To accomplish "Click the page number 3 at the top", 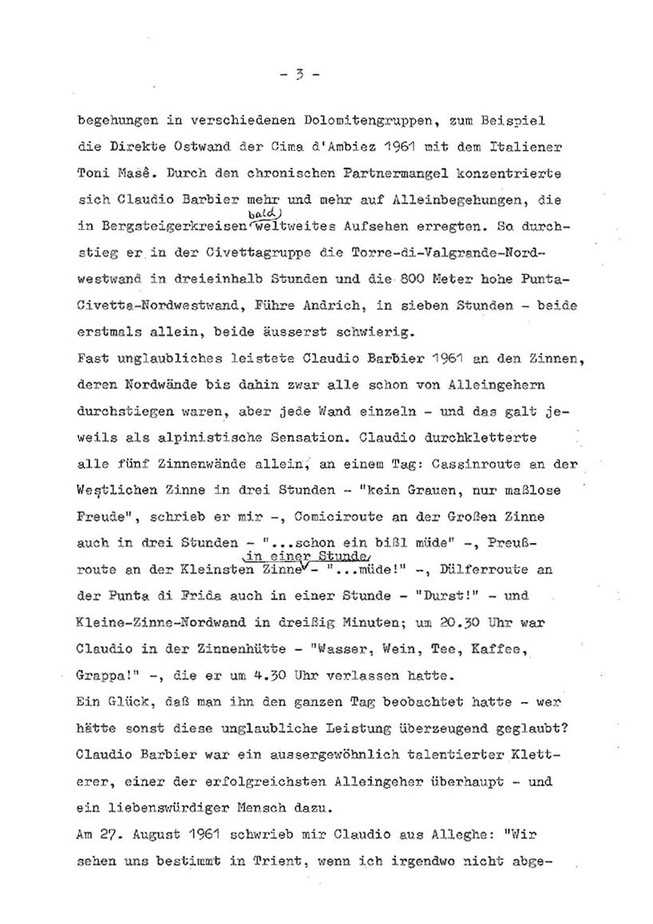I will tap(299, 76).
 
